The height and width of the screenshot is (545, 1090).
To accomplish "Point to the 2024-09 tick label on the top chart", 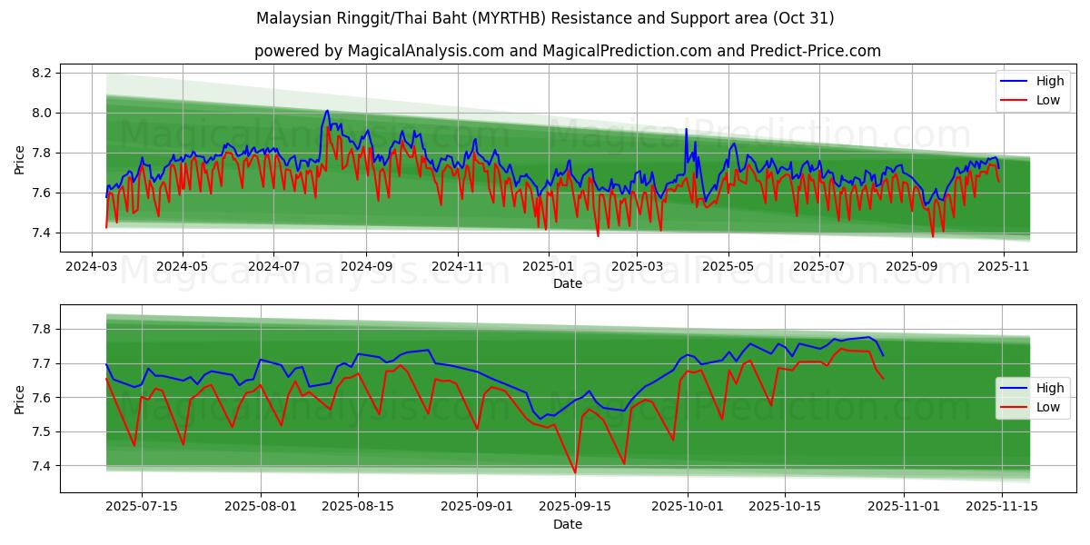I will coord(366,267).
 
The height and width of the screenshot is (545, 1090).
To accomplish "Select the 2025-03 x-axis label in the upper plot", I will coord(637,267).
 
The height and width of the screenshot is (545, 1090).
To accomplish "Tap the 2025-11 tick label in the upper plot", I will coord(1002,267).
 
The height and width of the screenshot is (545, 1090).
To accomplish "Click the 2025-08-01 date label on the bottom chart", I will coord(261,507).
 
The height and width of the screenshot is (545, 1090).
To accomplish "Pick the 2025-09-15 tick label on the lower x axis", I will coord(574,507).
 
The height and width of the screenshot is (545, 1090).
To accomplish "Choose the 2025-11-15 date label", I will coord(1002,507).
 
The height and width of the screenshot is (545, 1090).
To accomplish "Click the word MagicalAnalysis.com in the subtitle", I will coord(426,51).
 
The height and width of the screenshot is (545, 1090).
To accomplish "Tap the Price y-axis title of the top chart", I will coord(20,158).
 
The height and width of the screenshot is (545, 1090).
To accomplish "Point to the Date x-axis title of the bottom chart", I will coord(568,524).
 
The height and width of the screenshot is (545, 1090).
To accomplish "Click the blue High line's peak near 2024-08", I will coord(327,111).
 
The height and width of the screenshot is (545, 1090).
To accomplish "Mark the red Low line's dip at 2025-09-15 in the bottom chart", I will coord(575,472).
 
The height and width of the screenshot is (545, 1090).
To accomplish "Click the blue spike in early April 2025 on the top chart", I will coord(686,130).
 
